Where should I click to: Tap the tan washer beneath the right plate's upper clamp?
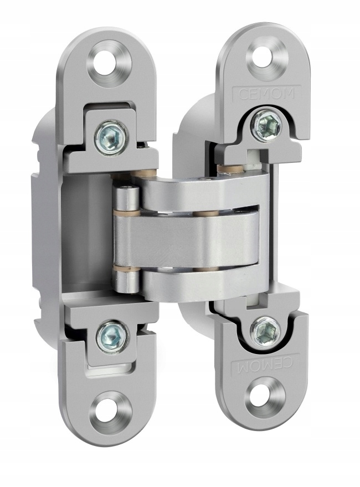coord(225,168)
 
